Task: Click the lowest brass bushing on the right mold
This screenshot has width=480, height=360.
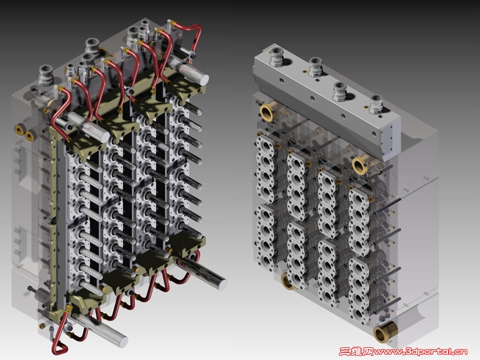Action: [x=385, y=332]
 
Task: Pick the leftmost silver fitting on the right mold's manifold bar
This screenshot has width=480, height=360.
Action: [x=276, y=56]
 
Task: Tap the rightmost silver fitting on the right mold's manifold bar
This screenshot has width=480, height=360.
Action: [x=376, y=104]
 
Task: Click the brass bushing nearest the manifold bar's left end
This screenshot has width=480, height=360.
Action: [x=267, y=111]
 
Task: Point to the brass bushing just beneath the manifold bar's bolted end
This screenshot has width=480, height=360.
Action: [x=360, y=165]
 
